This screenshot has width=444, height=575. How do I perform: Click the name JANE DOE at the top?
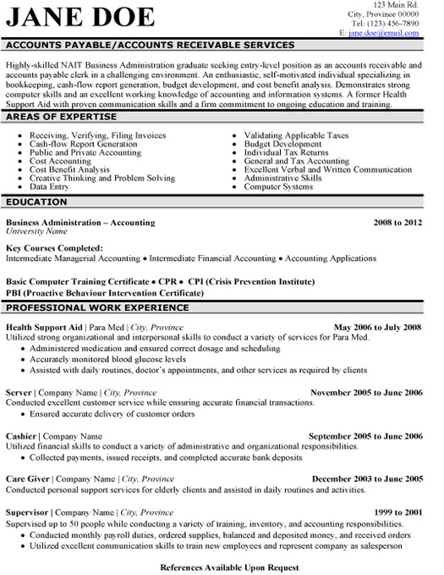(80, 17)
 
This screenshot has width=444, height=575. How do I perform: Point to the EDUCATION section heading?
(37, 203)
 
